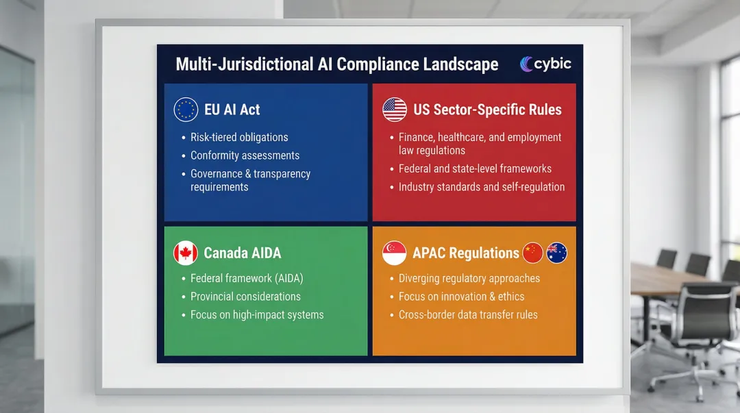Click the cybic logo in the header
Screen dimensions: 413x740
tap(545, 64)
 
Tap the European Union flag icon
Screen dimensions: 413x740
tap(186, 110)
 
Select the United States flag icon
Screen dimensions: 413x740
tap(395, 110)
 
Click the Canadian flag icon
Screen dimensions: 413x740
tap(186, 253)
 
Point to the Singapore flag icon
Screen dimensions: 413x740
tap(395, 253)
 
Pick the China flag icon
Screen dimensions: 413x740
tap(532, 253)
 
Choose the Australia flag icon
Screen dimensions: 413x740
tap(557, 253)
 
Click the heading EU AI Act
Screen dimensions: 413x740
tap(232, 110)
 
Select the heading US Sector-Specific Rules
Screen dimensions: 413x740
tap(487, 110)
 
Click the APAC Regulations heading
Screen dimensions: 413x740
tap(465, 253)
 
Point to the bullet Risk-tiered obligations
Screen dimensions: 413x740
tap(239, 137)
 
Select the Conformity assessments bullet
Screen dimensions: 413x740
tap(245, 155)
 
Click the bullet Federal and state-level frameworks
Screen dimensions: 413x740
tap(475, 168)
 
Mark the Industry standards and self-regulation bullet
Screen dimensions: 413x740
tap(482, 186)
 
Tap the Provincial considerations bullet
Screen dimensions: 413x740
tap(245, 297)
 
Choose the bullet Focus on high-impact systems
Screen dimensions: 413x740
tap(257, 315)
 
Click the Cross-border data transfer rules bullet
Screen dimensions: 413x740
tap(468, 315)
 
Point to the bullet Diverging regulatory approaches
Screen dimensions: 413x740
tap(469, 278)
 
